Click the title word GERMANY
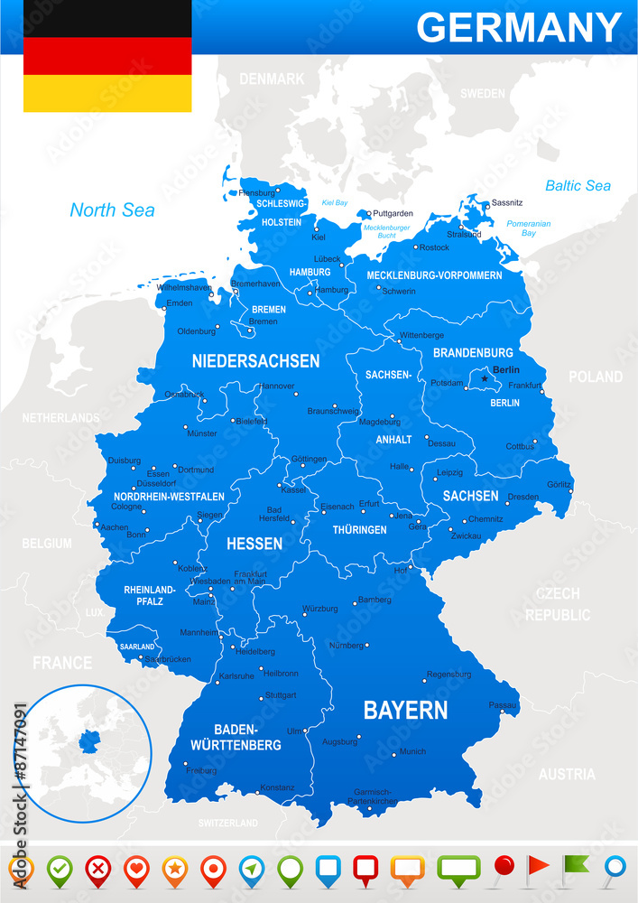(x=519, y=27)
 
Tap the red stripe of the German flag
(x=107, y=56)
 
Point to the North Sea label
(x=112, y=210)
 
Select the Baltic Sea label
(x=578, y=186)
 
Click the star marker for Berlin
(x=485, y=379)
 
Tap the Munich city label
(x=412, y=751)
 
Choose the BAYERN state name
(x=405, y=711)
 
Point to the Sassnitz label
(x=507, y=203)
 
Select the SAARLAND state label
(x=137, y=647)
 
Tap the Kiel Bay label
(x=334, y=203)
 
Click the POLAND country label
(x=595, y=377)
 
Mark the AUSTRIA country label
(x=567, y=774)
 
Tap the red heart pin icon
(x=135, y=869)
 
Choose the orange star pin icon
(x=173, y=869)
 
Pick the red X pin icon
(x=97, y=869)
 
